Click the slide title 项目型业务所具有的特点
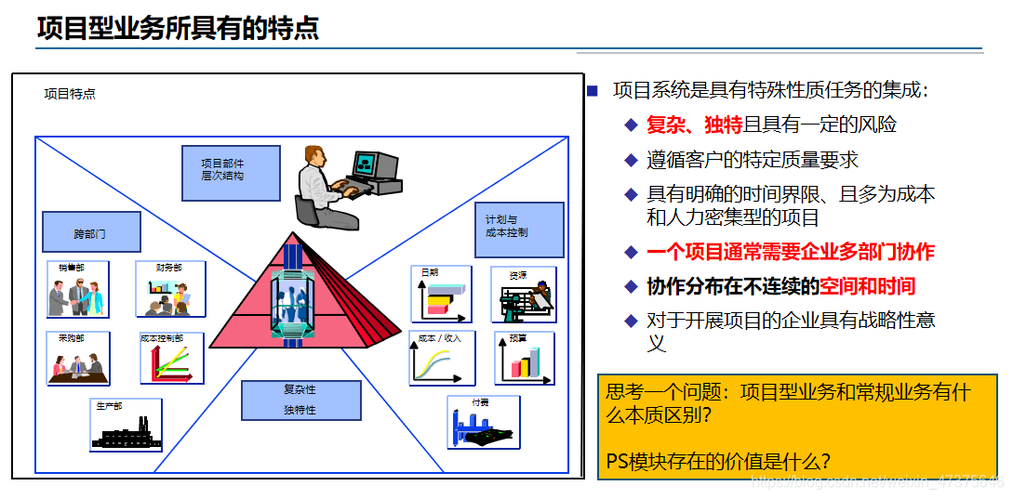click(178, 29)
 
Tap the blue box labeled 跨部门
click(91, 232)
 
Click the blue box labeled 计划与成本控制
click(519, 230)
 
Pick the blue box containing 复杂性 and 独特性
click(300, 400)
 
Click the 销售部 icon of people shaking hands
click(78, 289)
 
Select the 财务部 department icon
click(170, 289)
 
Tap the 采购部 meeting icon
click(78, 358)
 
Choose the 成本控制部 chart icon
click(171, 358)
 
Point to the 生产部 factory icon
click(126, 426)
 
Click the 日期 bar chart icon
click(441, 294)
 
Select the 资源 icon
click(524, 295)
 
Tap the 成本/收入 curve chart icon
click(442, 358)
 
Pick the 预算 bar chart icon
click(524, 358)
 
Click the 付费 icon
click(482, 423)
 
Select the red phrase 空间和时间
click(867, 286)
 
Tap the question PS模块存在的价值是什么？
click(718, 461)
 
